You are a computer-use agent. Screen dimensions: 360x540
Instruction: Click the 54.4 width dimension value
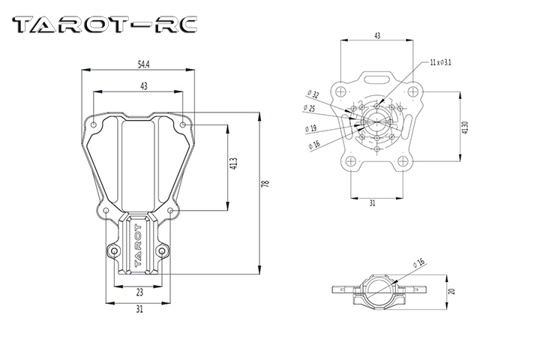[x=141, y=64]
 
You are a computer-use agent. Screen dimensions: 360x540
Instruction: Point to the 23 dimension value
[x=139, y=292]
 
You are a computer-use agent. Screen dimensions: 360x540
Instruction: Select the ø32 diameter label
[x=313, y=94]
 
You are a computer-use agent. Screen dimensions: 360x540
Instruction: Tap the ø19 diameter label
[x=311, y=128]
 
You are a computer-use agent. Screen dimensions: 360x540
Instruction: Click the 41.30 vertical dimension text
[x=465, y=127]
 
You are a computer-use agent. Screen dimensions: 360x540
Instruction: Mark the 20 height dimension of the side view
[x=451, y=292]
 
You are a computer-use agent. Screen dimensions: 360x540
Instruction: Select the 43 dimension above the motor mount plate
[x=377, y=35]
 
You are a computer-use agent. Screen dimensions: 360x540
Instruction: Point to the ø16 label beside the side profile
[x=418, y=262]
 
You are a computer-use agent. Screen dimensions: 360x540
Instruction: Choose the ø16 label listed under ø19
[x=313, y=144]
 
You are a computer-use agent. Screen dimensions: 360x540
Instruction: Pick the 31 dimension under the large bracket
[x=139, y=309]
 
